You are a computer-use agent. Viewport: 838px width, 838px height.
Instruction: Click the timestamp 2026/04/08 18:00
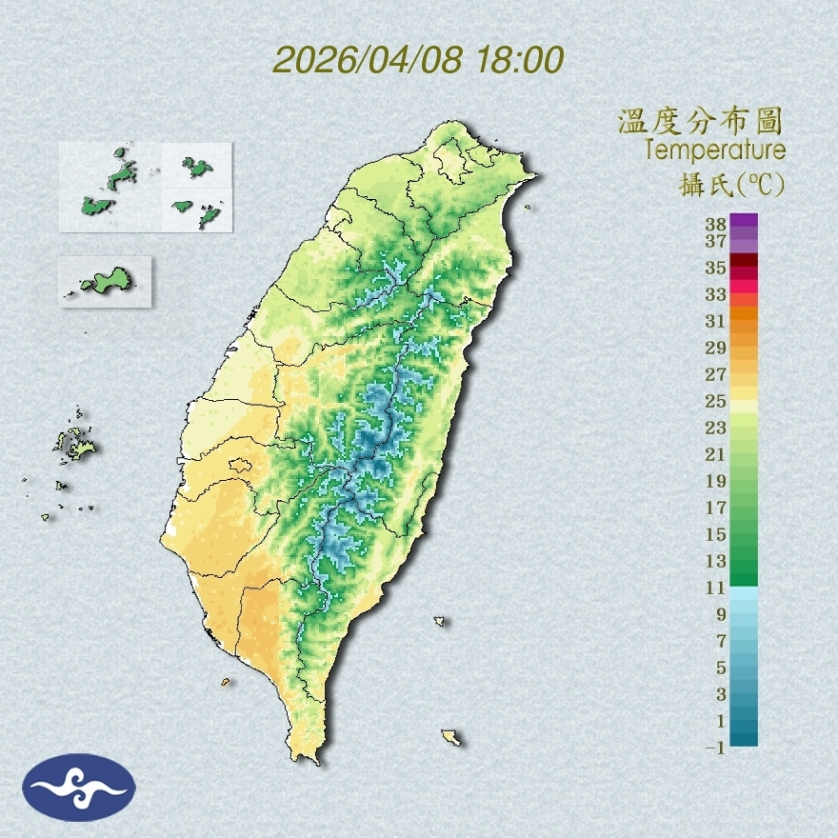coord(418,60)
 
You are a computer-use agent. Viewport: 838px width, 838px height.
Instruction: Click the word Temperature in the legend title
coord(714,150)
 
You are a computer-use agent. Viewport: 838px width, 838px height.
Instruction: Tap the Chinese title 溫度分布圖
coord(700,122)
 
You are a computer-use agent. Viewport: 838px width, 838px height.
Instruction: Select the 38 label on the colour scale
coord(716,224)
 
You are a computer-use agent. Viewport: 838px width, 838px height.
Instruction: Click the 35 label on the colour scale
coord(716,268)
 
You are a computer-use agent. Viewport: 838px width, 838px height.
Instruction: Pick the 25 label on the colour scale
coord(716,400)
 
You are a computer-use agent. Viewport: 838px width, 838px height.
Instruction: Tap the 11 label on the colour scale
coord(716,588)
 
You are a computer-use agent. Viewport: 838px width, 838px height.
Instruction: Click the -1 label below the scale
coord(715,748)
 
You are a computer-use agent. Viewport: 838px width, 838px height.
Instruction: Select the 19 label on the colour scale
coord(716,480)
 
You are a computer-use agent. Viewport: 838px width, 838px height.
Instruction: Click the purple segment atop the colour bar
coord(744,221)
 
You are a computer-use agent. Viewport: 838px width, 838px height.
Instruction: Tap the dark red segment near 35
coord(744,261)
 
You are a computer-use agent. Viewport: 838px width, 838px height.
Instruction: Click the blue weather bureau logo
coord(80,787)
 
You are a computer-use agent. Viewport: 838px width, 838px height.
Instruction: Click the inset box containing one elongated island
coord(106,281)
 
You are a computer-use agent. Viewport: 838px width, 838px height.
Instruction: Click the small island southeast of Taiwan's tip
coord(451,737)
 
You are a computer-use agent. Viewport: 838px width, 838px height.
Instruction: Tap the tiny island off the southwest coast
coord(226,682)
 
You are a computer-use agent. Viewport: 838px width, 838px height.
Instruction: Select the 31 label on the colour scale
coord(716,321)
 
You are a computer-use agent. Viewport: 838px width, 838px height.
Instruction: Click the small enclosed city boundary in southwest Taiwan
coord(240,466)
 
